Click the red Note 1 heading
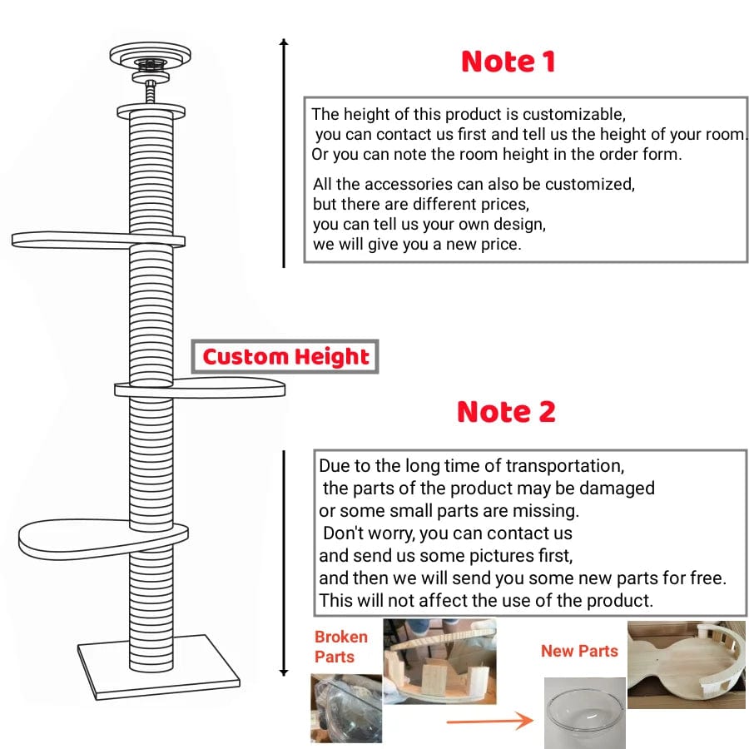point(508,62)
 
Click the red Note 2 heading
point(506,412)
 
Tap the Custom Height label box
point(285,357)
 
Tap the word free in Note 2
point(707,578)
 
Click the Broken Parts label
point(340,647)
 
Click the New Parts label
point(579,651)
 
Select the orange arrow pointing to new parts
point(490,721)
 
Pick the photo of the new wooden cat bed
point(686,663)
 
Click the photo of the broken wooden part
point(439,661)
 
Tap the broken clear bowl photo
point(346,708)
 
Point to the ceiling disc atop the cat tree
point(151,57)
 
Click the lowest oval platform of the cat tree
point(75,538)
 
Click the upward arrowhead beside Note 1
point(284,43)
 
